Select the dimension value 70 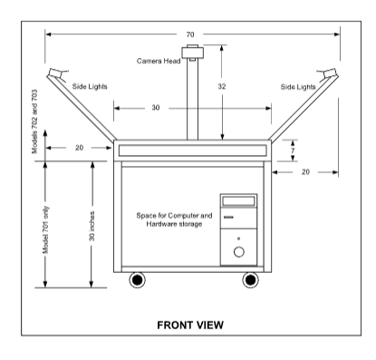(x=190, y=34)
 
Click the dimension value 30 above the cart (x=155, y=107)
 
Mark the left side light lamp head (x=60, y=72)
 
